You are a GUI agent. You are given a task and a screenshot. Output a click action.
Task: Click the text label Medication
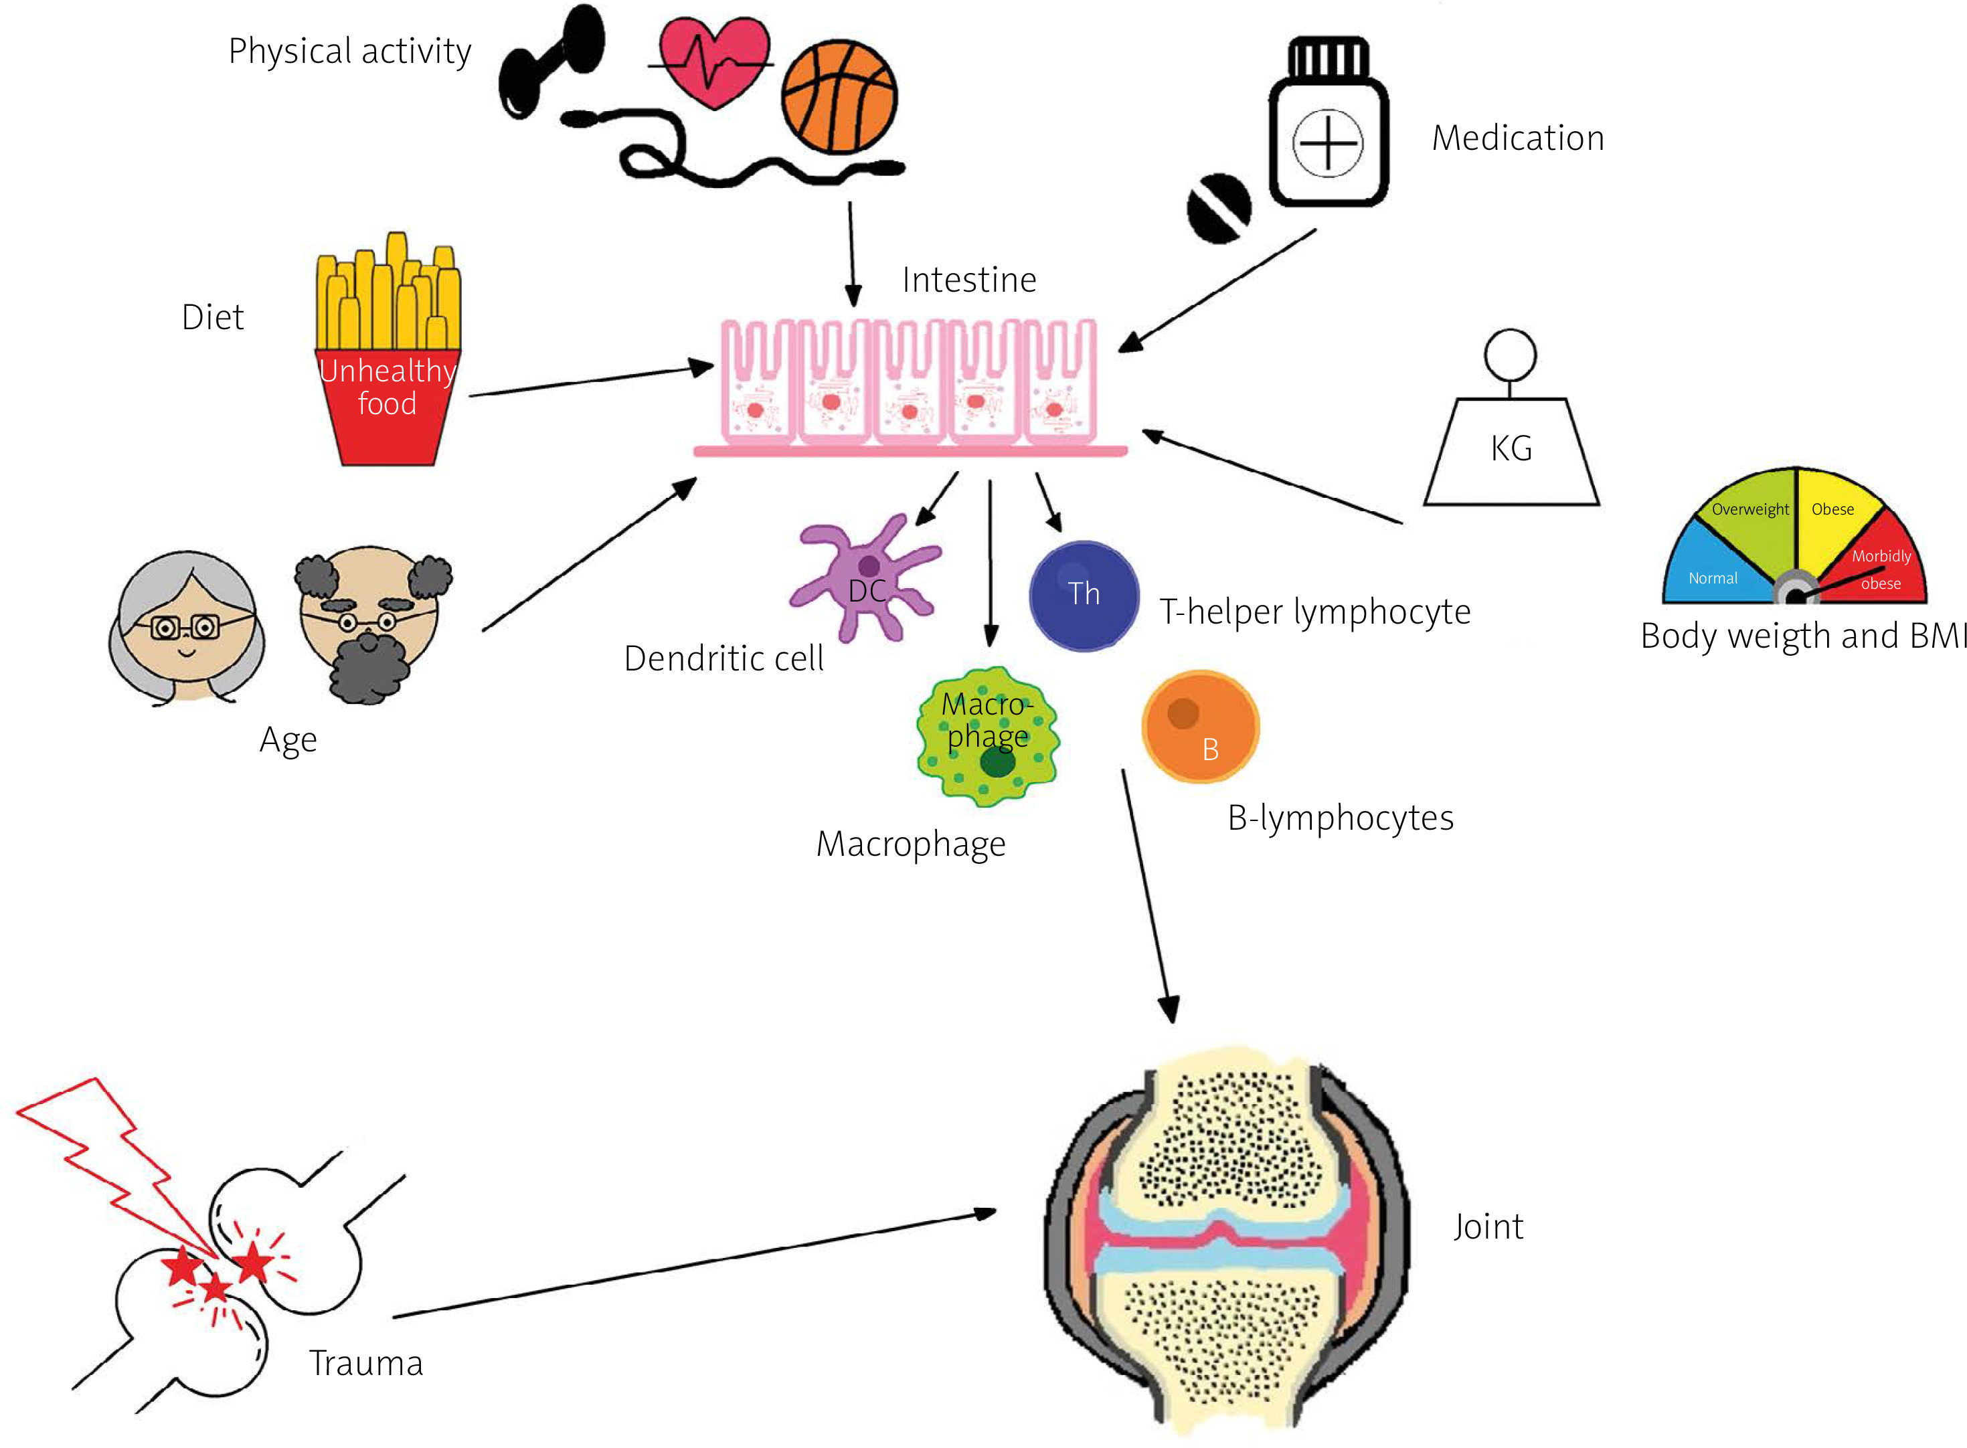point(1517,139)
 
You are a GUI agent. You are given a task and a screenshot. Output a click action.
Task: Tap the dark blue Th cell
point(1084,595)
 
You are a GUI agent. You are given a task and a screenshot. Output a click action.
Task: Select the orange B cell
point(1200,727)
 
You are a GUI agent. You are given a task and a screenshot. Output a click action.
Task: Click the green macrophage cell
point(987,736)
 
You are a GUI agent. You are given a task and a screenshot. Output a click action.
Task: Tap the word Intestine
point(968,280)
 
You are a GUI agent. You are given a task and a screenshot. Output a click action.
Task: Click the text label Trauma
point(365,1364)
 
